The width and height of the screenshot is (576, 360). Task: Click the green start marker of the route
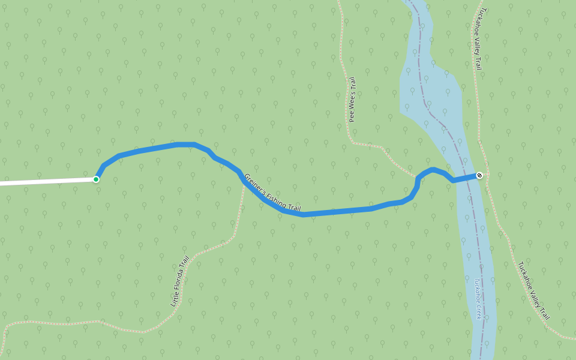coord(96,179)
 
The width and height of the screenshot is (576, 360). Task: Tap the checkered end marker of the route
coord(479,175)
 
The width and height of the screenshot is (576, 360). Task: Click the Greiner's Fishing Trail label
coord(273,193)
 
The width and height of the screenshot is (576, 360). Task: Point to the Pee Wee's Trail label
coord(353,100)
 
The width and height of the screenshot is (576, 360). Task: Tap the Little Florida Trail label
coord(179,281)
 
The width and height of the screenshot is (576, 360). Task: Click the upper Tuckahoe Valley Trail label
coord(478,39)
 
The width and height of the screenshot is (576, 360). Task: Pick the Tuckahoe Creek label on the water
coord(478,298)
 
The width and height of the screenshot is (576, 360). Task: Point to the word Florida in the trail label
coord(179,283)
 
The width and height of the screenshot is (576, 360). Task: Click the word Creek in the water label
coord(479,311)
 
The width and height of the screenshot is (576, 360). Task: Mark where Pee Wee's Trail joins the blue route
coord(416,178)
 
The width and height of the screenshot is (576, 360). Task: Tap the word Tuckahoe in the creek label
coord(478,290)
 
